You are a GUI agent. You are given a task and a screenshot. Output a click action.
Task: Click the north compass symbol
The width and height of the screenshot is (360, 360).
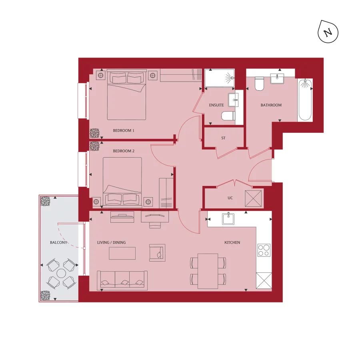[x=328, y=32]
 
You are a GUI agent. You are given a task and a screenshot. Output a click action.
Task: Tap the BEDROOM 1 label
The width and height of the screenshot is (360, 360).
[x=124, y=131]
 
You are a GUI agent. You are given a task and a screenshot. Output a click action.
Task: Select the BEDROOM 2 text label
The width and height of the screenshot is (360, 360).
[x=124, y=151]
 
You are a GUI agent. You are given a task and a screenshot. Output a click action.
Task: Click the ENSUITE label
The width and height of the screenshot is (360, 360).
[x=216, y=105]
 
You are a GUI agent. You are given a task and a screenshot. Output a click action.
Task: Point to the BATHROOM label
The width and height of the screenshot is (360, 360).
[x=271, y=105]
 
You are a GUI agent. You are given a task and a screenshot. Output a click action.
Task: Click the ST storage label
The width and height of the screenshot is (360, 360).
[x=223, y=138]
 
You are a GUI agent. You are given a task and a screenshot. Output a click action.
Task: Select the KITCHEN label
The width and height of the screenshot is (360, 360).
[x=232, y=242]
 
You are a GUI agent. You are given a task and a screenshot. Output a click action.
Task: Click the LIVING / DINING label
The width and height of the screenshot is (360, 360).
[x=112, y=242]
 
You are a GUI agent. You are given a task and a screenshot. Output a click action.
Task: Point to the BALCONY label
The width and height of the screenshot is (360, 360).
[x=58, y=242]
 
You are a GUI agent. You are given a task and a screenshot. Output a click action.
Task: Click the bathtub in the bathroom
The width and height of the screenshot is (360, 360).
[x=305, y=100]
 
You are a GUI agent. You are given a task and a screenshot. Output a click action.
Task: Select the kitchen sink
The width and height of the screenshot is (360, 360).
[x=228, y=219]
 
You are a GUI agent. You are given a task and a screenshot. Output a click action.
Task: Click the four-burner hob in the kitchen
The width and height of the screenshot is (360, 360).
[x=264, y=250]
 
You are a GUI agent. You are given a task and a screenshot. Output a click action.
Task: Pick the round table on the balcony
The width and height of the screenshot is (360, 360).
[x=61, y=274]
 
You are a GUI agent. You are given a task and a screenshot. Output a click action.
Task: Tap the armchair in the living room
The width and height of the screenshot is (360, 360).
[x=157, y=252]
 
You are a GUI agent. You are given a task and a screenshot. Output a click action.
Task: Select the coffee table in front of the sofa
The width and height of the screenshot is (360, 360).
[x=122, y=253]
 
